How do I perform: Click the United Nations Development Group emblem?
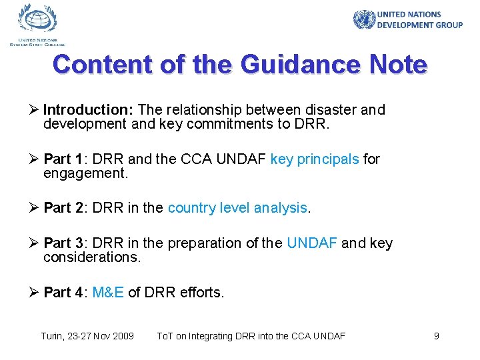pos(364,19)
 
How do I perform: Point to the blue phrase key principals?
pos(315,159)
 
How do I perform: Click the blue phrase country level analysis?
pos(238,207)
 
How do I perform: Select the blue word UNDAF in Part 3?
pos(312,243)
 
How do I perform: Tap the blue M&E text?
pos(108,292)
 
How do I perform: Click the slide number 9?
pos(437,336)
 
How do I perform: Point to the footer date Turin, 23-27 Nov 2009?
pos(87,336)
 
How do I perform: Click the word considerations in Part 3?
pos(92,257)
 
